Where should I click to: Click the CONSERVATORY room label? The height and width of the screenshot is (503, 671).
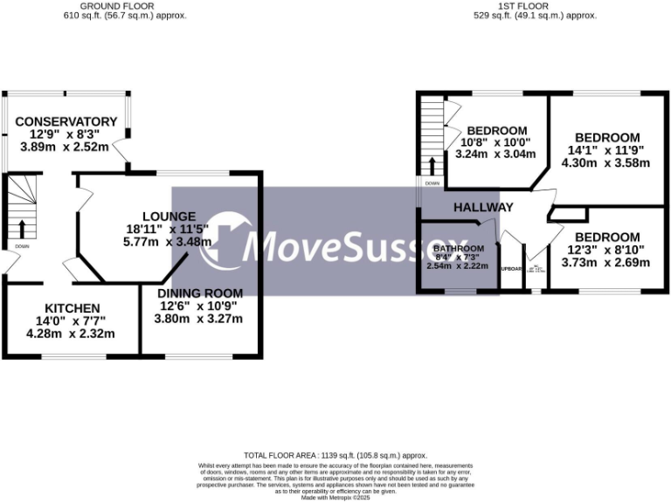click(66, 121)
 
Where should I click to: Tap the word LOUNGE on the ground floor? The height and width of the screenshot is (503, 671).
click(169, 216)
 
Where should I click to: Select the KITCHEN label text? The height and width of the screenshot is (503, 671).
click(73, 308)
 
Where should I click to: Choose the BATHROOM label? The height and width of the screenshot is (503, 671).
click(458, 248)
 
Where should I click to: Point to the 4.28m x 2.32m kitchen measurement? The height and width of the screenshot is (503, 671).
click(71, 334)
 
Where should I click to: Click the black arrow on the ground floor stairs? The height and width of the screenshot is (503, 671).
click(24, 229)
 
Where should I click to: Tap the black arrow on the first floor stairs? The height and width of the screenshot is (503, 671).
click(431, 165)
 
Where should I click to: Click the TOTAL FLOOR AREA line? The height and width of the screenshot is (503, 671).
click(335, 456)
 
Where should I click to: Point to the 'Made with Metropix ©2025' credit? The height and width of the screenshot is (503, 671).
click(335, 498)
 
